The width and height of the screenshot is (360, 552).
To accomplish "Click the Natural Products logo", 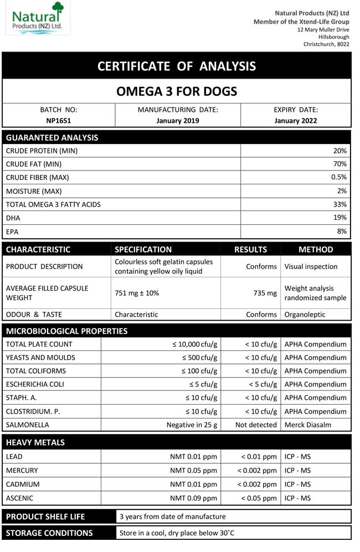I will click(x=37, y=18).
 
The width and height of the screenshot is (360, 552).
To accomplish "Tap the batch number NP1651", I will click(x=59, y=120).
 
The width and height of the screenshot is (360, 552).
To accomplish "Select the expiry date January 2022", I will click(x=296, y=120).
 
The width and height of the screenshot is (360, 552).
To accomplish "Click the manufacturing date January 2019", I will click(x=178, y=120).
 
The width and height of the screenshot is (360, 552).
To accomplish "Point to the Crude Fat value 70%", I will click(x=340, y=164).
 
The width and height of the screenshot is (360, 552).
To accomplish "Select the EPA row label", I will click(x=12, y=231).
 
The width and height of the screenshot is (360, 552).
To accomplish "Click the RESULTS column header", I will click(x=250, y=249).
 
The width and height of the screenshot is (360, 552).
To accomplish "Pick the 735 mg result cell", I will click(x=264, y=293).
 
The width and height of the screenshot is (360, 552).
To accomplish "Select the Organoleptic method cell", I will click(x=305, y=314).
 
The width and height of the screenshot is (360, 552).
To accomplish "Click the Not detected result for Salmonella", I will click(x=256, y=425).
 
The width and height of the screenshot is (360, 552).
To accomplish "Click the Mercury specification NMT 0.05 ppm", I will click(x=193, y=471).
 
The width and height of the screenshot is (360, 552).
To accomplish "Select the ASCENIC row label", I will click(x=19, y=498).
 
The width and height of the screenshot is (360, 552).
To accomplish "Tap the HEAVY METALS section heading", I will click(x=35, y=442).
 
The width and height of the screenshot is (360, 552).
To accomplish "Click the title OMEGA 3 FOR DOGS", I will click(x=177, y=91).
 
